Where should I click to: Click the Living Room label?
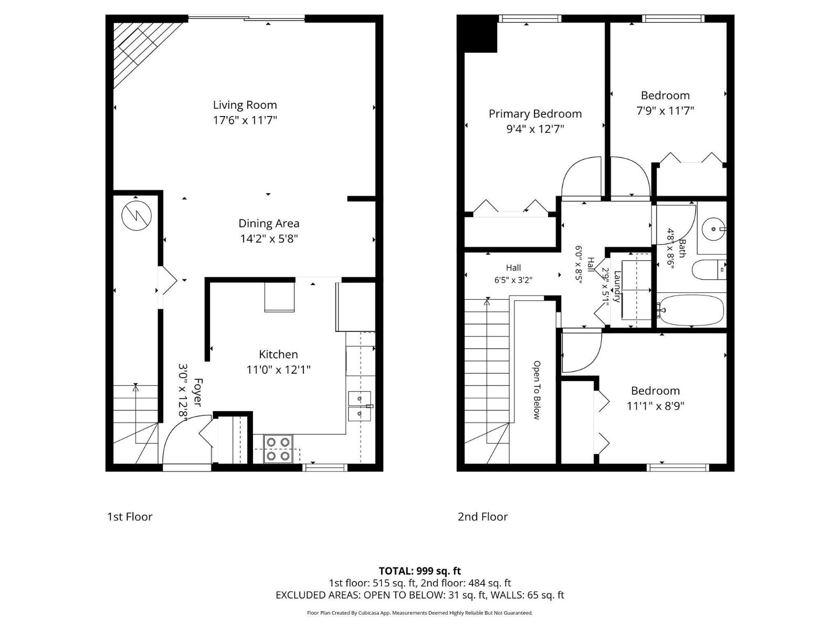coord(245,105)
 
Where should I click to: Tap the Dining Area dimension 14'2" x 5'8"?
coord(269,239)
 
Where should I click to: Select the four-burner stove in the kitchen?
coord(278,449)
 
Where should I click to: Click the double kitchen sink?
coord(359,406)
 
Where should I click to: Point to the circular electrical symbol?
coord(136,216)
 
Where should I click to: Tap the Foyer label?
coord(198,392)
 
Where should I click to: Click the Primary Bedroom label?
coord(535,114)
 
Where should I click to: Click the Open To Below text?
coord(537,390)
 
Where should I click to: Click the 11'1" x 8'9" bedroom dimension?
coord(655,406)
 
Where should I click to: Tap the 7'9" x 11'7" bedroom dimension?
coord(665,111)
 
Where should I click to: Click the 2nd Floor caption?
coord(482,517)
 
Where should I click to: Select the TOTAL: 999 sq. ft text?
coord(419,571)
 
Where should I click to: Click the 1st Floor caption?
coord(130,517)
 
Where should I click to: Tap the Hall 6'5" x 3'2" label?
coord(513,274)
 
